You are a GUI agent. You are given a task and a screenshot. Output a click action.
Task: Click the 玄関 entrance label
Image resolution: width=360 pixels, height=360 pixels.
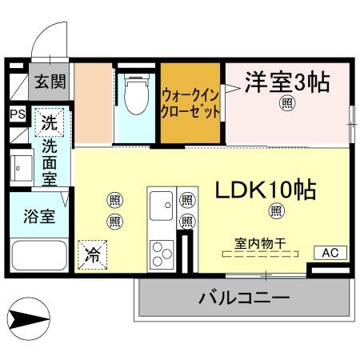pos(50,82)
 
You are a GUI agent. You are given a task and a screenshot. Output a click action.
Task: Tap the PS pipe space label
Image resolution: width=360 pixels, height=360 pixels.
pos(17,114)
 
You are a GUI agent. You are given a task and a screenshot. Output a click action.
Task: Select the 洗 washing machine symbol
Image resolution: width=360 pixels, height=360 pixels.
pos(50,124)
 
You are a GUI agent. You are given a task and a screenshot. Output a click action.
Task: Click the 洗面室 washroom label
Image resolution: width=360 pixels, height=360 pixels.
pos(50,162)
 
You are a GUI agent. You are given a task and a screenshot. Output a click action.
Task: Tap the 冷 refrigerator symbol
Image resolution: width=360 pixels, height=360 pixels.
pos(92,255)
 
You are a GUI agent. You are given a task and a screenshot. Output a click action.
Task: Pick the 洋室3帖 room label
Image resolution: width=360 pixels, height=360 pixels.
pos(286,82)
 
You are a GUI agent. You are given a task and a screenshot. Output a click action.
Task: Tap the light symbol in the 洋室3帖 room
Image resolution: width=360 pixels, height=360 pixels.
pos(286,103)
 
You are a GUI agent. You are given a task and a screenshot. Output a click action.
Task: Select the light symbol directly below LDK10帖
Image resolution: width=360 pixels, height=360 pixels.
pos(276,211)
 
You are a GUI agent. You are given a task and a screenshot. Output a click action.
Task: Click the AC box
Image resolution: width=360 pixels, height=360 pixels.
pos(330,253)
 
